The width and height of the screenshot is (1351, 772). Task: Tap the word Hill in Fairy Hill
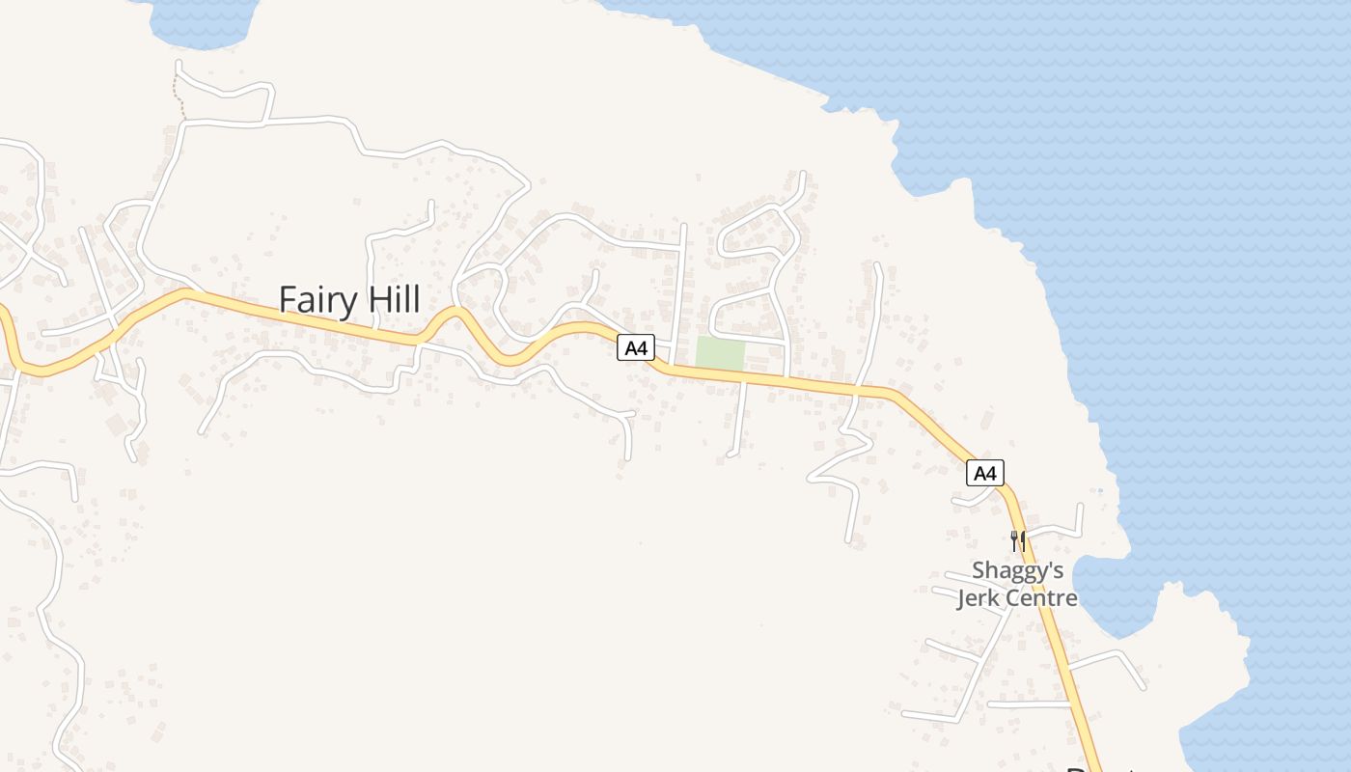click(394, 299)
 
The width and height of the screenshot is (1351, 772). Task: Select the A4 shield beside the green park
click(635, 348)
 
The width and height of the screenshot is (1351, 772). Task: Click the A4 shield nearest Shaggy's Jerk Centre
click(984, 473)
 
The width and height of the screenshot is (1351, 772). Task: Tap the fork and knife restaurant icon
click(1017, 540)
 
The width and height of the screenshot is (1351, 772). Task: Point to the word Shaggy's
click(1017, 571)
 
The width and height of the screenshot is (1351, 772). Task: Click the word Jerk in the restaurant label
click(978, 598)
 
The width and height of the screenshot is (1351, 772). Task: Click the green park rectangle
click(721, 353)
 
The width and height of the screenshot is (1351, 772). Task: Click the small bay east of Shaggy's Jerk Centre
click(1110, 593)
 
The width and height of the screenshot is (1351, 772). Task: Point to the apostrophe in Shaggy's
click(1048, 565)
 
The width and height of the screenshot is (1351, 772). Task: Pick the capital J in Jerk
click(961, 598)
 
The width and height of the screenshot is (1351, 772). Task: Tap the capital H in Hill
click(373, 299)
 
